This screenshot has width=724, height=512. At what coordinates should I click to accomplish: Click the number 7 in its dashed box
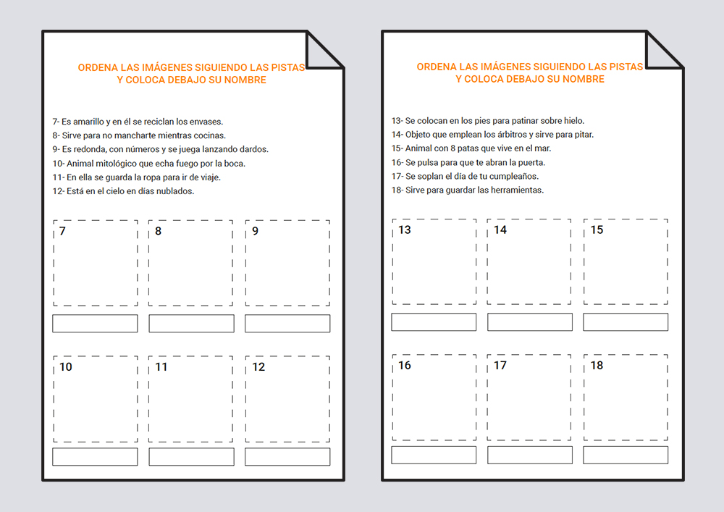(x=62, y=231)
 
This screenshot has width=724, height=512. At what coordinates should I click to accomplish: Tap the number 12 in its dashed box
(x=258, y=367)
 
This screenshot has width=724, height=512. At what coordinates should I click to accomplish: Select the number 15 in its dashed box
(x=597, y=230)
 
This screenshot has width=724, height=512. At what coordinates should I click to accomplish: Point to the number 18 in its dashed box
(x=597, y=366)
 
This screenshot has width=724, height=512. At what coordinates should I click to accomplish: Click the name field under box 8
(x=191, y=324)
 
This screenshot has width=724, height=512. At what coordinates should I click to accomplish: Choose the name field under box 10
(x=95, y=456)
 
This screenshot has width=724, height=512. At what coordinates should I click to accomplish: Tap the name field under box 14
(x=530, y=322)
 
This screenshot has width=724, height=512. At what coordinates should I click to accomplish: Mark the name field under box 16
(x=434, y=456)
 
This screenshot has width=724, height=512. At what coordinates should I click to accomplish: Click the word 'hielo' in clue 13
(x=574, y=121)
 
